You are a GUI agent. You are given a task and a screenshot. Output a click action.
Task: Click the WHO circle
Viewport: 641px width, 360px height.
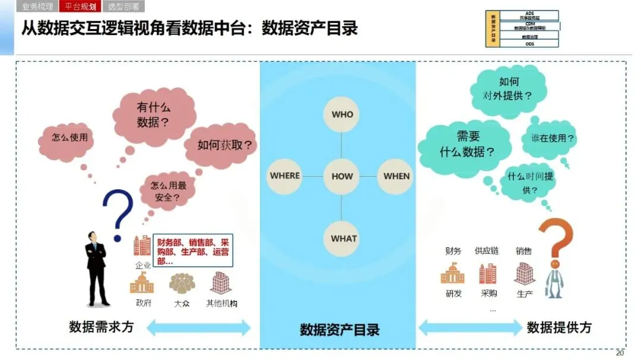[342, 114]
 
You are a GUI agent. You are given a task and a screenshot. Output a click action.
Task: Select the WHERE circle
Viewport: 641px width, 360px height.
[285, 176]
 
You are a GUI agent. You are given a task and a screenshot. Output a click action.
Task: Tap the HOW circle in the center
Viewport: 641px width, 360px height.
[342, 176]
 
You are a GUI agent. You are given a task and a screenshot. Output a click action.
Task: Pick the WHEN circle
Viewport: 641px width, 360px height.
[396, 176]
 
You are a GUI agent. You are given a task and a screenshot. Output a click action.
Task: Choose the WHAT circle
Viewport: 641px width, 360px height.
[344, 238]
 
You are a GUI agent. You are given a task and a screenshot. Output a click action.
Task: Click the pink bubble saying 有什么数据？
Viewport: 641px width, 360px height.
[154, 114]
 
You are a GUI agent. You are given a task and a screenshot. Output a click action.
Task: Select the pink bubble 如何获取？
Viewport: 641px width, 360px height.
[223, 145]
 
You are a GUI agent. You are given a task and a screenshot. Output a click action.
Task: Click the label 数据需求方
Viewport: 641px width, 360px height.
[101, 327]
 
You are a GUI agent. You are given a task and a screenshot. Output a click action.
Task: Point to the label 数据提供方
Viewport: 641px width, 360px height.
[559, 327]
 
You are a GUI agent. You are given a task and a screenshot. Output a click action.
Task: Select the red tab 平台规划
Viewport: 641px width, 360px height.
[78, 7]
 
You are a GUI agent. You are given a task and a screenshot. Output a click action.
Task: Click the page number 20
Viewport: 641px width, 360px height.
[620, 353]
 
